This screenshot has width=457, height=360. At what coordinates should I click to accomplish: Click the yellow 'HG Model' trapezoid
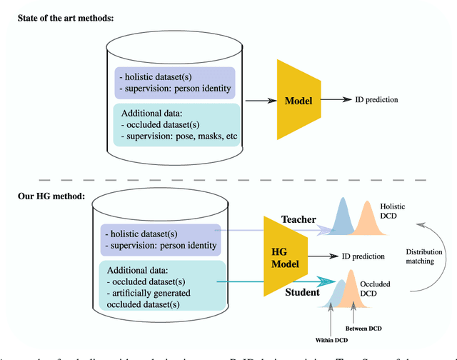pos(284,256)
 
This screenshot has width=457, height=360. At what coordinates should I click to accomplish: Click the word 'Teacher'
pos(298,220)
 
